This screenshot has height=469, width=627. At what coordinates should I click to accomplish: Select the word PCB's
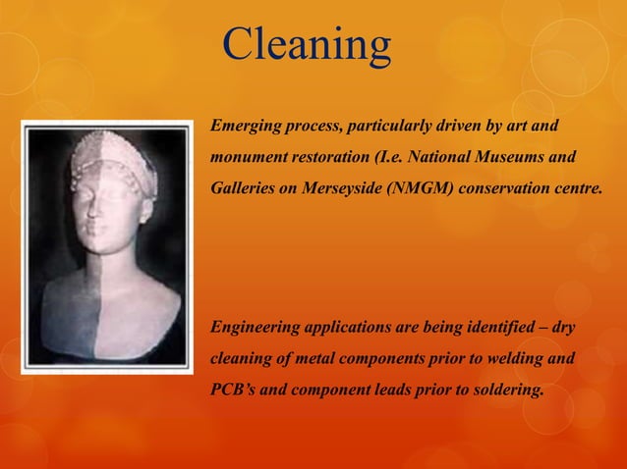coord(233,390)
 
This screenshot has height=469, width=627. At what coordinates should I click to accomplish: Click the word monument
coord(246,157)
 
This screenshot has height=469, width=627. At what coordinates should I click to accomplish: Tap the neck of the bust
coord(100,265)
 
